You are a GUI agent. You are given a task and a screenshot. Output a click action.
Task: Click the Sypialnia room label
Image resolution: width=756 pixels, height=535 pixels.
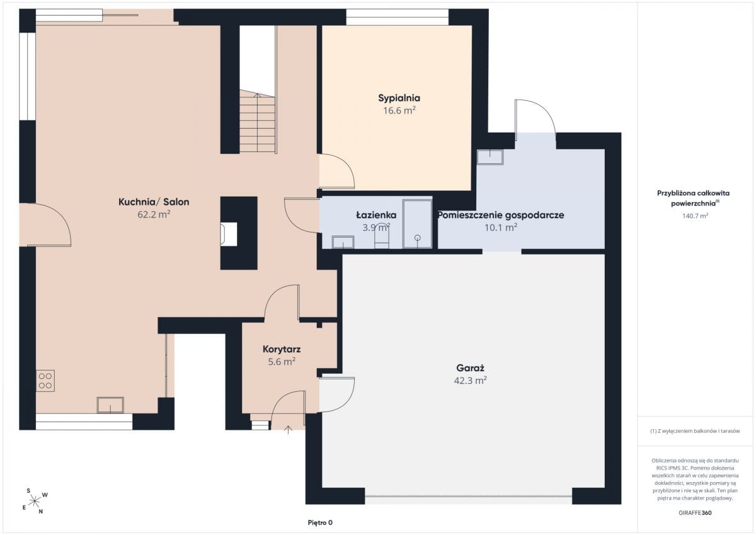click(399, 98)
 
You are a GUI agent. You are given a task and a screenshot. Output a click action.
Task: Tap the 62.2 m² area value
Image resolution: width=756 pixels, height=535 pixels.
click(154, 214)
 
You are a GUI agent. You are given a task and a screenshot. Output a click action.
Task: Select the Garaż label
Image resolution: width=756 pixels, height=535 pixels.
click(470, 368)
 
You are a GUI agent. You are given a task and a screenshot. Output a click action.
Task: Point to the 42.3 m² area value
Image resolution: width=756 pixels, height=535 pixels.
click(470, 381)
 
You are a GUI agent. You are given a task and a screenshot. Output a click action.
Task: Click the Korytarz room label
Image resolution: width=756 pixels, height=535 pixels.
click(282, 349)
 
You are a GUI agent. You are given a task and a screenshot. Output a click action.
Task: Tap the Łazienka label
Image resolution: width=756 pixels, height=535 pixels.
click(376, 215)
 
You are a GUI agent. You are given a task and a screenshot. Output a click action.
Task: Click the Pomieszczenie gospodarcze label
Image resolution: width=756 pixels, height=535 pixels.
click(501, 215)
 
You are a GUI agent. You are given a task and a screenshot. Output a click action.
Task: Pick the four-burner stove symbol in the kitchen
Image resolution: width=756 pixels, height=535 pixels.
click(45, 381)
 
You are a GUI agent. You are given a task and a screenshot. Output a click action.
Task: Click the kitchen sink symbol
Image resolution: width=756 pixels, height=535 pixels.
click(110, 405)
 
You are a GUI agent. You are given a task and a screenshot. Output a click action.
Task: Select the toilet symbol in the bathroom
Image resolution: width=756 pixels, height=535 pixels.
click(382, 239)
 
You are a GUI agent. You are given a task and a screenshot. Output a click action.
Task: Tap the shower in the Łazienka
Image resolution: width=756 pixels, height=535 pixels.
click(418, 224)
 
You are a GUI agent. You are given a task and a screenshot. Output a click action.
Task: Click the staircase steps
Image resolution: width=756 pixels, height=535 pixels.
click(257, 122)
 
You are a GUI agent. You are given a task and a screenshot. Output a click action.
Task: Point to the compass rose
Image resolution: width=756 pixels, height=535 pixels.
click(35, 501)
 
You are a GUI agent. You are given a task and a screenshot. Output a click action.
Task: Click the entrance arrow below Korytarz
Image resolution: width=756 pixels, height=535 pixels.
click(288, 430)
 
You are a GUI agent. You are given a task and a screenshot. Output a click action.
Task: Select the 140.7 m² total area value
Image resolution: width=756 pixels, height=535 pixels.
click(695, 216)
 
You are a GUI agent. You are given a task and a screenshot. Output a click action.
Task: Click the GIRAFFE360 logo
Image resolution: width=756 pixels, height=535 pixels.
click(695, 513)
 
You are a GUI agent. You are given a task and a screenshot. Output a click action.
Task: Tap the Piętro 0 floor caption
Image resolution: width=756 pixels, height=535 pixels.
click(320, 522)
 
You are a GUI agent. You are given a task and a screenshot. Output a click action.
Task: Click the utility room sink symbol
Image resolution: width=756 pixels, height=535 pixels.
click(490, 157)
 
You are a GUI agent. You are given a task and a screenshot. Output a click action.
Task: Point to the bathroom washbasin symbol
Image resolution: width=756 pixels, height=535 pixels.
click(343, 242)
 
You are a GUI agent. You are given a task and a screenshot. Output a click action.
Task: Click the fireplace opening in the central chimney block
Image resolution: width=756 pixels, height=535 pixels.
click(229, 234)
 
